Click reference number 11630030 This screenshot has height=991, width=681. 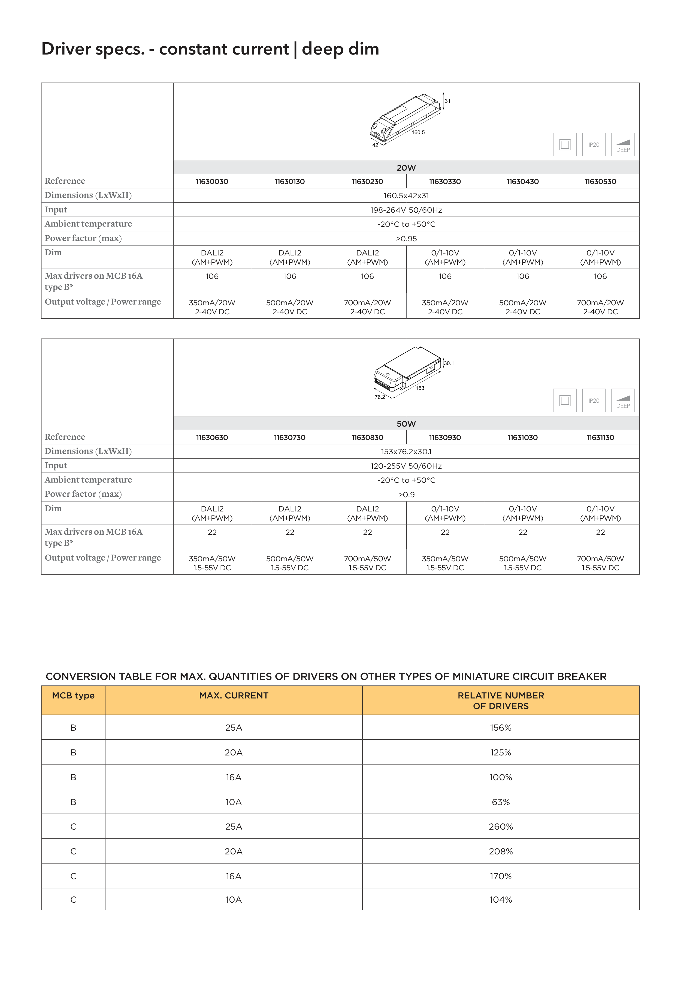(x=212, y=181)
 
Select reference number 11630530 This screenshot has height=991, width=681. (x=600, y=181)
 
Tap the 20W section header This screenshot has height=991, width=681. (x=406, y=168)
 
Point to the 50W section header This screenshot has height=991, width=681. (x=406, y=424)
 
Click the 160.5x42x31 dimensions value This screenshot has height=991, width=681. (x=406, y=195)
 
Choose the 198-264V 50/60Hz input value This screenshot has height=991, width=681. (x=406, y=210)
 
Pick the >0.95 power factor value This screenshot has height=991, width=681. (x=406, y=239)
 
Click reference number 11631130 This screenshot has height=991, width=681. (x=600, y=438)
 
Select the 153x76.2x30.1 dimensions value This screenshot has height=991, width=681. (x=406, y=451)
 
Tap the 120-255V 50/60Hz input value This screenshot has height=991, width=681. (x=406, y=466)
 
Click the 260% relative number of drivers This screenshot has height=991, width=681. (x=501, y=827)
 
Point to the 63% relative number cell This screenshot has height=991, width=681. (x=501, y=802)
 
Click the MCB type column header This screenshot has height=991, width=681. (x=73, y=696)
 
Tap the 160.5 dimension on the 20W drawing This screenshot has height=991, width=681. (x=418, y=132)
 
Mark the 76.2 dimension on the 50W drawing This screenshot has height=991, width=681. (x=379, y=397)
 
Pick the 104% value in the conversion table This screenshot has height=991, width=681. (x=501, y=900)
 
